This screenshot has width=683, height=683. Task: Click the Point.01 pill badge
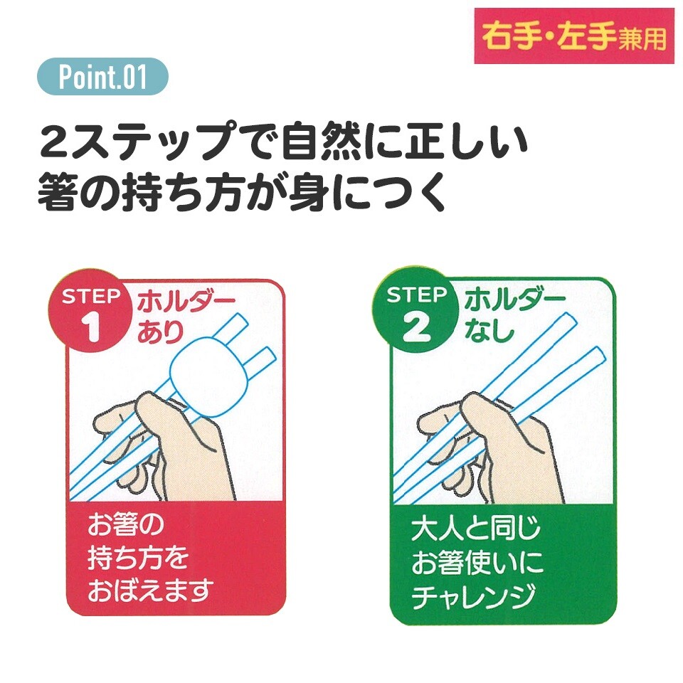click(102, 77)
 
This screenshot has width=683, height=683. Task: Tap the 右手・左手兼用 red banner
click(574, 36)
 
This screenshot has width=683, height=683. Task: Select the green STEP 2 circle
click(417, 312)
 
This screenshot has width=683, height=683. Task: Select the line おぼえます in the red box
click(151, 590)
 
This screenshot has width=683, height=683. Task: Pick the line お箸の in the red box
click(125, 524)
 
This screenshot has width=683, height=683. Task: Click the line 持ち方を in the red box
click(138, 557)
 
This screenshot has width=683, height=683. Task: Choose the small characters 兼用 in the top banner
click(642, 38)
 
